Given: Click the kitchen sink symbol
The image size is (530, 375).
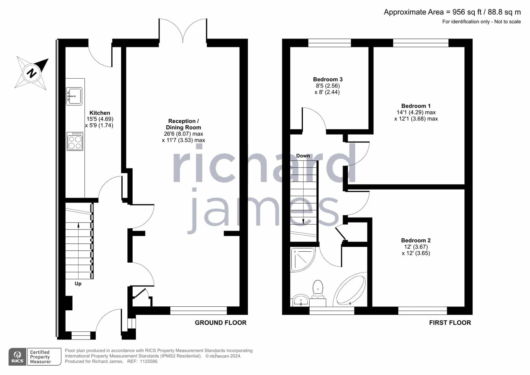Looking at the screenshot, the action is [x=74, y=96].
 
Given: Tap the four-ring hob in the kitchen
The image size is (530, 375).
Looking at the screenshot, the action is [x=75, y=141].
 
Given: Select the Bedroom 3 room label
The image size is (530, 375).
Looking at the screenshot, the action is [x=328, y=79].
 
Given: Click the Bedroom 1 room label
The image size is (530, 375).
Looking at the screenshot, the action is [x=416, y=106].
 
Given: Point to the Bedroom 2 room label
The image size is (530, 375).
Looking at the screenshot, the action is [x=416, y=240].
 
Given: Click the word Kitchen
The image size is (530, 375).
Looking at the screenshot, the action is [x=100, y=113].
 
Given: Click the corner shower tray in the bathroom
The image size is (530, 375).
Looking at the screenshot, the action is [x=303, y=259].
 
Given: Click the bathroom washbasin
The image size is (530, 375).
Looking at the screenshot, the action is [x=301, y=300].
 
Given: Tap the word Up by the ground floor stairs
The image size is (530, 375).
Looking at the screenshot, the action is [x=78, y=283].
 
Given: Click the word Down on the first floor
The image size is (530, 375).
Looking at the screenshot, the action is [x=303, y=156].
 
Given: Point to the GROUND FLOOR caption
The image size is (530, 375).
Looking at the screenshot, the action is [x=220, y=323].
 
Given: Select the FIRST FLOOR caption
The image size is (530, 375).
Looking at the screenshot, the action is [x=450, y=323].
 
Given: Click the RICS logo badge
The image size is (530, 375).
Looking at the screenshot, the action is [x=18, y=356].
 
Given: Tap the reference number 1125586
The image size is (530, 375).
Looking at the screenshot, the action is [x=148, y=361].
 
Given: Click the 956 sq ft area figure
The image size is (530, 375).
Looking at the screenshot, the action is [x=467, y=12].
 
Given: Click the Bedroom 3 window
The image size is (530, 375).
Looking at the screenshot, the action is [x=329, y=43].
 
